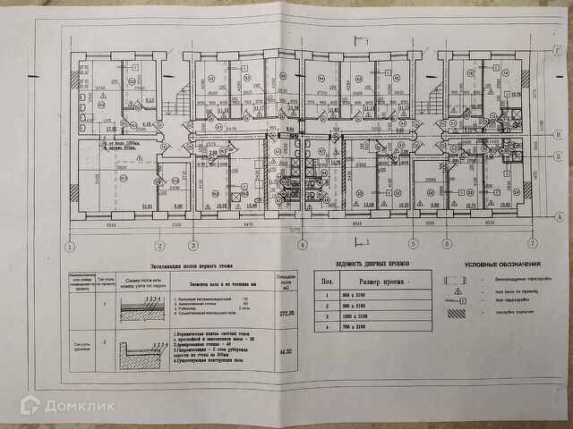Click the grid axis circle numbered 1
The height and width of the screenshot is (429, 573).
(x=68, y=245)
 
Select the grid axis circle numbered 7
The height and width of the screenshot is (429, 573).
(x=532, y=243)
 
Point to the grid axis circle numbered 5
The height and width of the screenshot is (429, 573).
(x=413, y=244)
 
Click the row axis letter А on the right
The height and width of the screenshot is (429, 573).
(x=557, y=217)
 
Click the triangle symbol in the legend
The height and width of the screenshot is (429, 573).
(x=459, y=289)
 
